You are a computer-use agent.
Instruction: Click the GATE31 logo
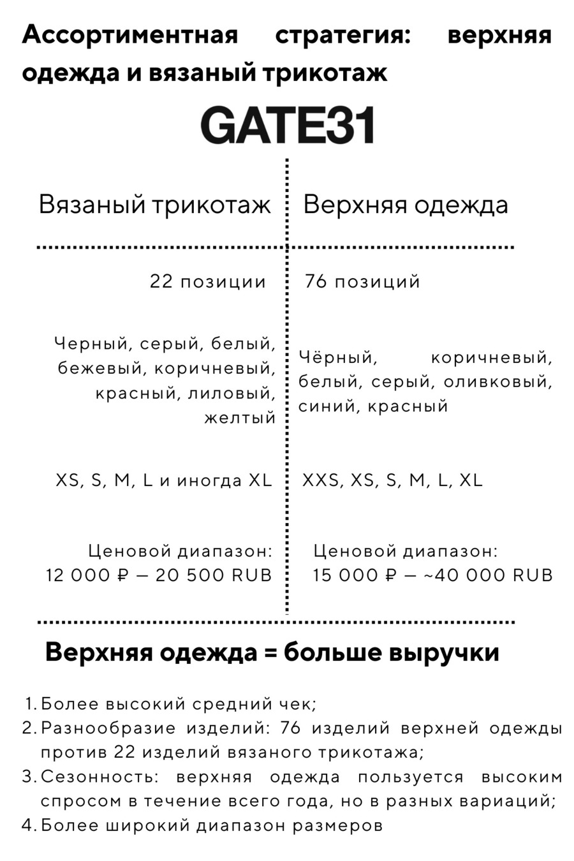click(287, 125)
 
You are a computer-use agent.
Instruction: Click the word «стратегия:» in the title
click(343, 36)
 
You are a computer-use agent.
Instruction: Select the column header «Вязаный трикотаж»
click(155, 204)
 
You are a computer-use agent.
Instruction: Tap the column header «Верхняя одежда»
click(406, 205)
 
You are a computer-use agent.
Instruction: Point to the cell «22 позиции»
click(208, 282)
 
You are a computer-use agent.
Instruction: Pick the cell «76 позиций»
click(362, 282)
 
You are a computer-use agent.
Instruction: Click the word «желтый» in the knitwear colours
click(240, 418)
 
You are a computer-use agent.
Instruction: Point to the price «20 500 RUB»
click(214, 575)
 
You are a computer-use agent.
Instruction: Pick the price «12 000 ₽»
click(88, 575)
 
